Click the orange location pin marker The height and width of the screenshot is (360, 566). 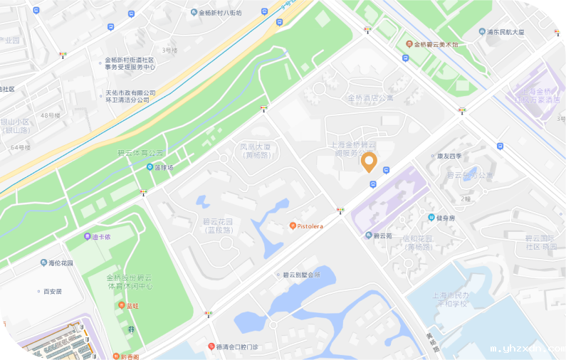click(x=369, y=163)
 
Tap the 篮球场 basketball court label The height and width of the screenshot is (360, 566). click(x=164, y=167)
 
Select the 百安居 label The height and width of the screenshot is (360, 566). click(x=52, y=291)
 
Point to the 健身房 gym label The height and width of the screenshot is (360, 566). click(x=445, y=218)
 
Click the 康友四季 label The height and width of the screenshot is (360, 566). click(x=449, y=156)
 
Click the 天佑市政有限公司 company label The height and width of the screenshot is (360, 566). click(x=130, y=97)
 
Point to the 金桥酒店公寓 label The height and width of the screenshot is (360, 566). click(x=370, y=98)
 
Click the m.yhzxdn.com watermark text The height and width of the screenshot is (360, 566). click(x=527, y=349)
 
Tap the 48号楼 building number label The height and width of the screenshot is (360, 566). click(x=51, y=115)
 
